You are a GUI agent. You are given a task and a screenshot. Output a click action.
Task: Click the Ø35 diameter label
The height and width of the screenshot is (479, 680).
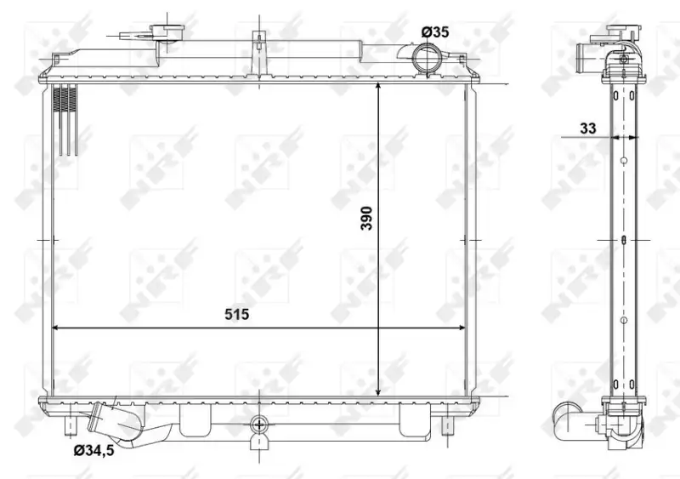click(435, 32)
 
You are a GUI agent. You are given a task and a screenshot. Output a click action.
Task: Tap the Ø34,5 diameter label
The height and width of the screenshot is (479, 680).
click(93, 451)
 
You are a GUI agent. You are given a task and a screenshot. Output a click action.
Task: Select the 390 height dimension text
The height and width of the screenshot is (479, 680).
click(367, 218)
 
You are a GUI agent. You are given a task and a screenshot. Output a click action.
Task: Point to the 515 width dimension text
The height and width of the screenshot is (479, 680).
click(237, 314)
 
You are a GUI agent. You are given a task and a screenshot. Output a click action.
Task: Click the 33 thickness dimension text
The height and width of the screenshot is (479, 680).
click(588, 128)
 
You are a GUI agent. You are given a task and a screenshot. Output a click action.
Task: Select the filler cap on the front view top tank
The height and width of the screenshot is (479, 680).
click(167, 31)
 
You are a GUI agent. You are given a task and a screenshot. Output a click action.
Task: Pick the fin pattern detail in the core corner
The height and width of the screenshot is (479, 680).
click(65, 119)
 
